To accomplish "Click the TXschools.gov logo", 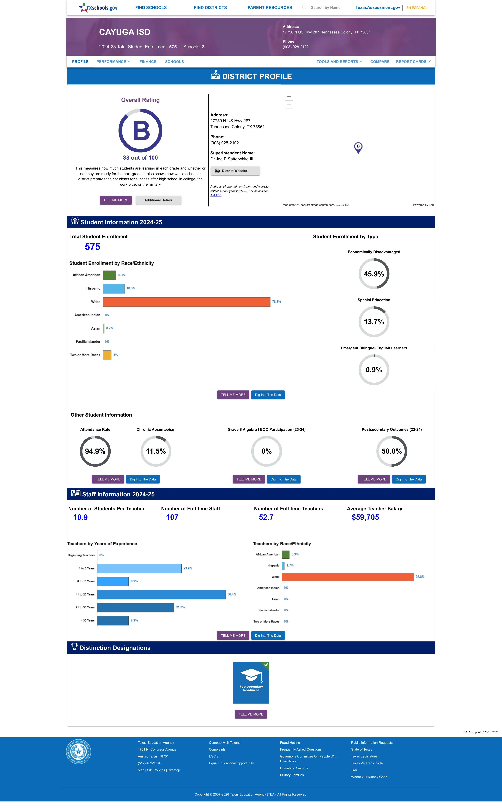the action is point(98,7).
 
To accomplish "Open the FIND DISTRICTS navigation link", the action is point(210,8).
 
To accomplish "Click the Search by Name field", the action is point(328,8).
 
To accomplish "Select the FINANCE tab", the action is point(148,62).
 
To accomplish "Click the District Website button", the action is point(235,171).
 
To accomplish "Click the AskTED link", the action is point(216,195).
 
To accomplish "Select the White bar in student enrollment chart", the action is point(187,302).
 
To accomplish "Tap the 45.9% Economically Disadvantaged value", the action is point(374,274).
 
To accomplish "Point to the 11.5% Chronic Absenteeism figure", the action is point(156,451).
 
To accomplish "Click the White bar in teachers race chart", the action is point(348,577).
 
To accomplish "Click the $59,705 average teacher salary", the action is point(365,517).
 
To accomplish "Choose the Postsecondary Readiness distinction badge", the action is point(251,683).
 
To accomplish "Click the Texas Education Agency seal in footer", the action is point(78,752).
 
